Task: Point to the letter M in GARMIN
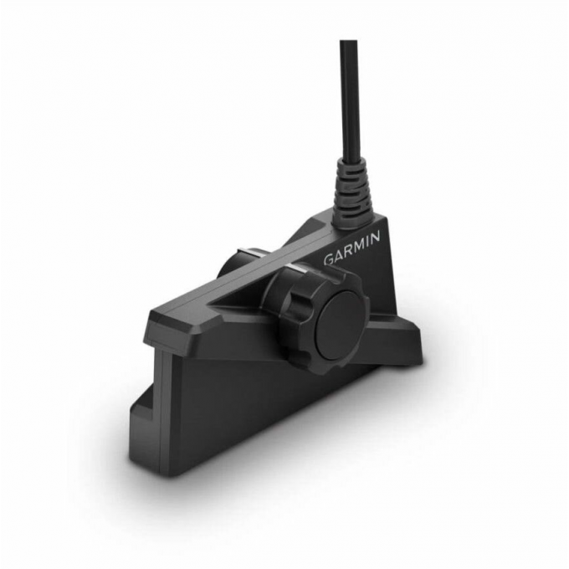(x=356, y=246)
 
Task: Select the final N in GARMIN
(x=376, y=237)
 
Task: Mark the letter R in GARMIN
(x=347, y=250)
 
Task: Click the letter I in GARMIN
(x=367, y=241)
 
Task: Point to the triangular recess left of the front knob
(x=238, y=293)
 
